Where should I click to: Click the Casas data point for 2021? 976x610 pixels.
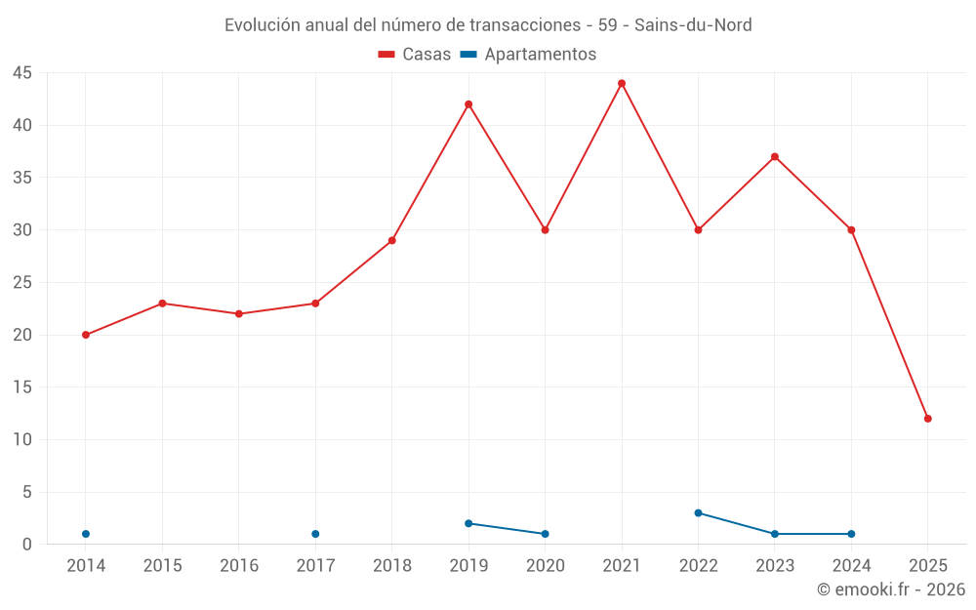point(622,83)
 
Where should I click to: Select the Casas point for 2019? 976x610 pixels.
point(468,104)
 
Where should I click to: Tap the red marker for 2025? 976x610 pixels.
point(928,419)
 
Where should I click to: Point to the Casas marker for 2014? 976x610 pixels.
point(86,335)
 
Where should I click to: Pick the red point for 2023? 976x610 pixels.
point(775,156)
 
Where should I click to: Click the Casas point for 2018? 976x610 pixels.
point(392,240)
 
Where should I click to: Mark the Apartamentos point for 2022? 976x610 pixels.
point(698,512)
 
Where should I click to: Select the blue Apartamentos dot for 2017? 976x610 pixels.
point(315,534)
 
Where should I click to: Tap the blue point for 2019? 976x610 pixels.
point(468,523)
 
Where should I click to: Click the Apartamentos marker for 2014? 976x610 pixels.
point(86,534)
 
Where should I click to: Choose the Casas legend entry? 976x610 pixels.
point(415,55)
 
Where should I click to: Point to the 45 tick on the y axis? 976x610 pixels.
point(22,73)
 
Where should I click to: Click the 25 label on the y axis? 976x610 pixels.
point(22,283)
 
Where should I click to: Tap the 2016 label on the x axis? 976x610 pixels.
point(239,566)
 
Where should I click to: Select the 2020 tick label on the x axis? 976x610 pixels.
point(546,566)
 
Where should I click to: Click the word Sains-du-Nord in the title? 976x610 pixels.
point(693,25)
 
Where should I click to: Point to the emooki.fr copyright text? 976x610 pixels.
point(890,590)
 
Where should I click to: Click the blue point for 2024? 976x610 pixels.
point(851,534)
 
